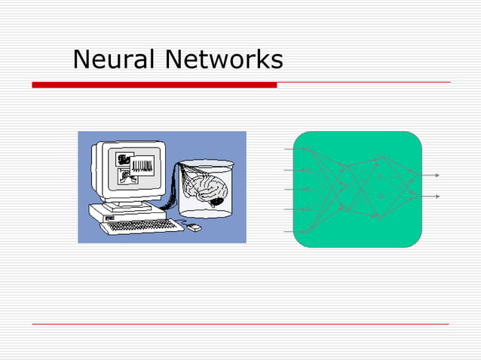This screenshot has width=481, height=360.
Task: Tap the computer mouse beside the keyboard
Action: (193, 227)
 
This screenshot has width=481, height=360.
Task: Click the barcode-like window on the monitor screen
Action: (142, 165)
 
